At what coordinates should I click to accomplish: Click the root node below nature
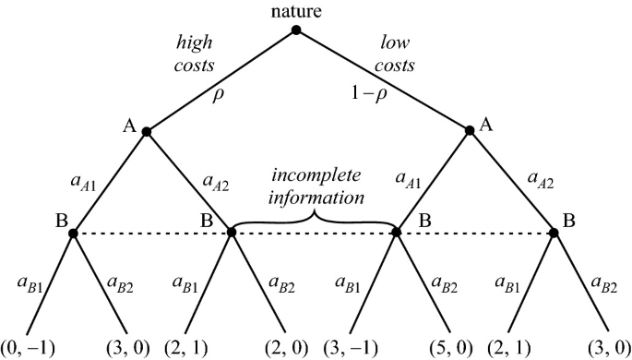tap(296, 30)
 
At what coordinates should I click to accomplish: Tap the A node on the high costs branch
tap(146, 131)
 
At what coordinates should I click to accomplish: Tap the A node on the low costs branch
tap(469, 131)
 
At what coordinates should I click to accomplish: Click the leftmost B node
tap(73, 233)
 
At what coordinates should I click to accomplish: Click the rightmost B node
tap(554, 233)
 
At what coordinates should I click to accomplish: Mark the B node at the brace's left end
tap(232, 233)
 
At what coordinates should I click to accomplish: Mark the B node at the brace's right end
tap(397, 233)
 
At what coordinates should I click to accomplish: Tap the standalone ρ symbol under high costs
tap(219, 95)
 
